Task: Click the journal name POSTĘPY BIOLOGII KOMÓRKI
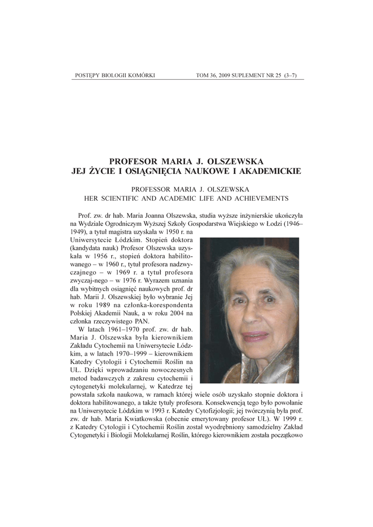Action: click(x=115, y=76)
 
